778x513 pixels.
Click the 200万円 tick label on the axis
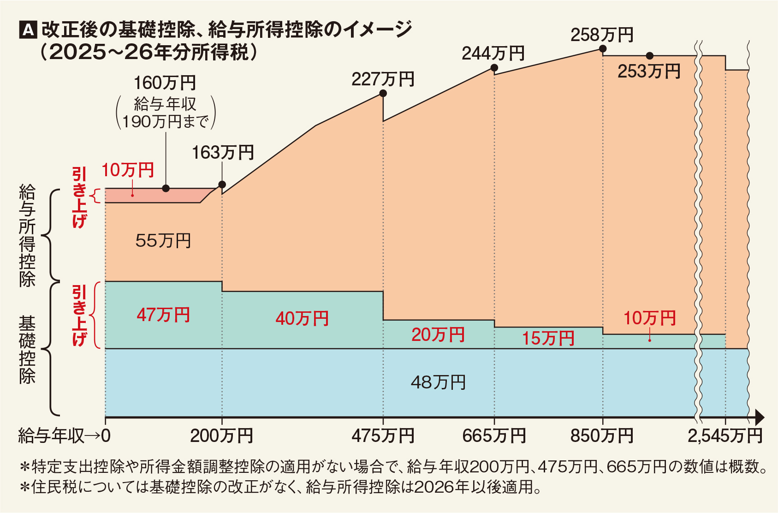tap(222, 436)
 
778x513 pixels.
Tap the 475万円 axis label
tap(383, 436)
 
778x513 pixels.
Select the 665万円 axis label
tap(494, 436)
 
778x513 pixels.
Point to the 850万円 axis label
tap(602, 436)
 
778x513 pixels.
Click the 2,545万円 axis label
tap(725, 436)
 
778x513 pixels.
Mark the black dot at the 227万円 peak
tap(383, 94)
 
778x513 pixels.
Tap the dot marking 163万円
tap(222, 185)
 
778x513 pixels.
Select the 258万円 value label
tap(602, 35)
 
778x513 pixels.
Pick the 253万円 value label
tap(649, 72)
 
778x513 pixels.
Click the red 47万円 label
tap(164, 315)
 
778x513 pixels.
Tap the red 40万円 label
tap(302, 319)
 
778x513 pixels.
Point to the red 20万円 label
tap(438, 335)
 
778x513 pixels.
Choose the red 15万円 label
tap(548, 339)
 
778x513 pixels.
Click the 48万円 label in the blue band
tap(438, 382)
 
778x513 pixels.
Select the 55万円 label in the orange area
tap(163, 241)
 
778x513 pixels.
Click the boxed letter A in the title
tap(28, 30)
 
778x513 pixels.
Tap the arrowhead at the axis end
tap(760, 418)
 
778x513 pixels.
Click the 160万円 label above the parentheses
tap(165, 83)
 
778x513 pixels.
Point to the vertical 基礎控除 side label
tap(27, 350)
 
